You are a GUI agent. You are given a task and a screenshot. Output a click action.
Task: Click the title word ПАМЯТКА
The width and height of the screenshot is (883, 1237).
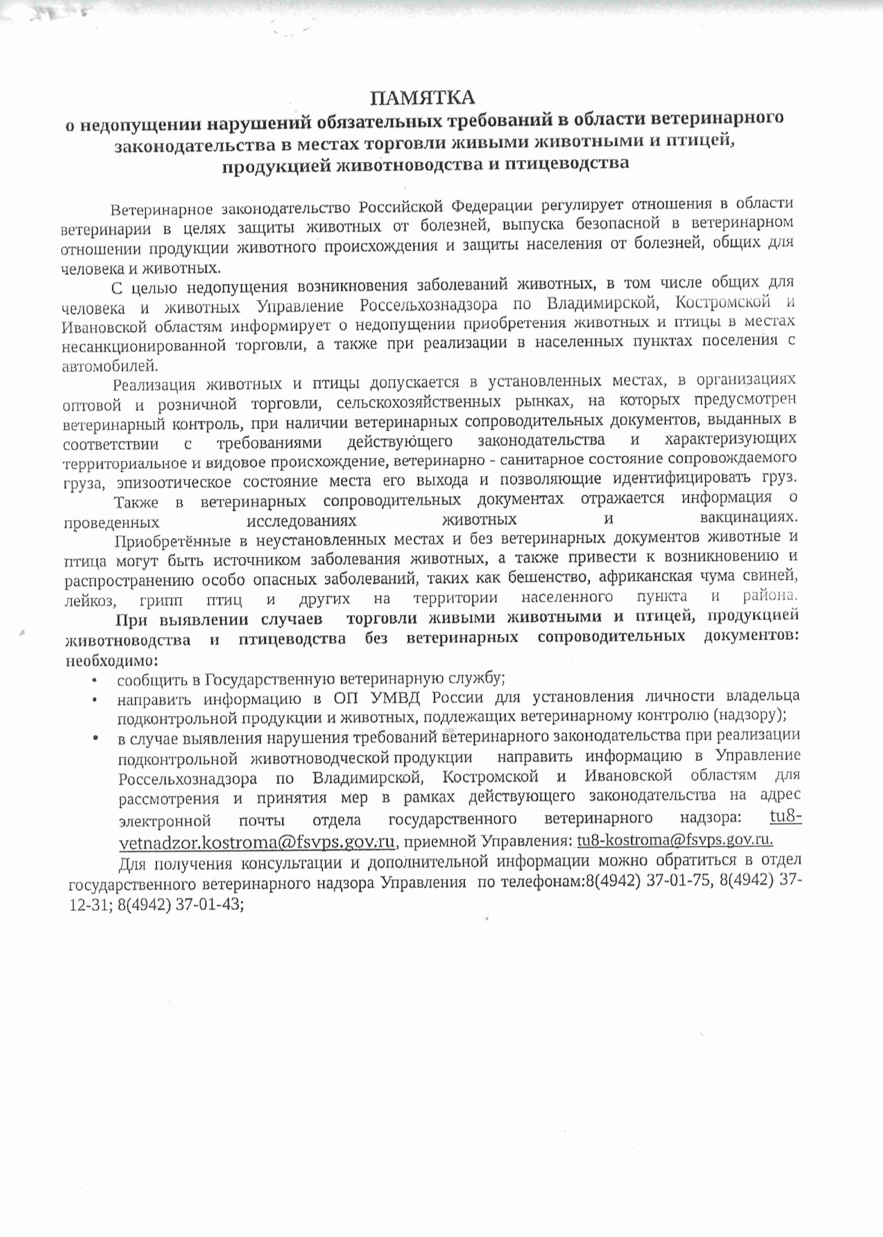(422, 98)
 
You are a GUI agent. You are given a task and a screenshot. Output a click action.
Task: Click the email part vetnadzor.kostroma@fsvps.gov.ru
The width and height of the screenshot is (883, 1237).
(257, 841)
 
